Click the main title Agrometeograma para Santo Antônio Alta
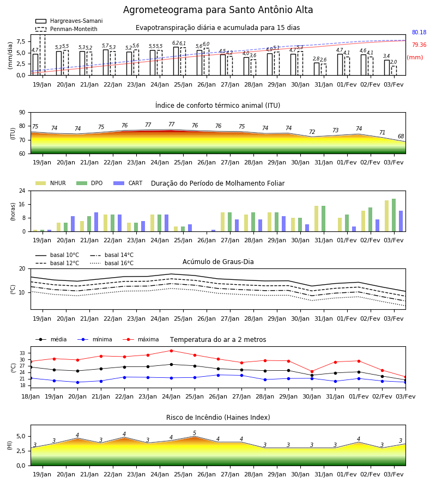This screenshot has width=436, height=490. [218, 10]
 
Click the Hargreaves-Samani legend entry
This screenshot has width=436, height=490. [69, 21]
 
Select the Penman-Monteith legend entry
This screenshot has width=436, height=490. [66, 29]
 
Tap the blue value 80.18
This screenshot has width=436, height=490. [419, 32]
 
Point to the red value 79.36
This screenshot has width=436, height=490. [419, 45]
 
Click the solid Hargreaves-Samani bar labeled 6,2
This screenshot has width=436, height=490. [176, 61]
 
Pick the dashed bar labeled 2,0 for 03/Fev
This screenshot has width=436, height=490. [394, 71]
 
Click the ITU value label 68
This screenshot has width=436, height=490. [401, 136]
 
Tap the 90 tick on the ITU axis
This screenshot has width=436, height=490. [22, 113]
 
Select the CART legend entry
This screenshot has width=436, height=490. [128, 183]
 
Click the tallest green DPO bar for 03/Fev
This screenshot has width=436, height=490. [394, 215]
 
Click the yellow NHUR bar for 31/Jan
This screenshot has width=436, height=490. [316, 219]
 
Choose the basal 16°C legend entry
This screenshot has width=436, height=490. [112, 263]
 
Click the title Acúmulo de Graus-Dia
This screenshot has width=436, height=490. [218, 262]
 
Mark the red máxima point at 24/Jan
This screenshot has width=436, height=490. [171, 351]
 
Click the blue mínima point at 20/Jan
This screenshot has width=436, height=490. [77, 382]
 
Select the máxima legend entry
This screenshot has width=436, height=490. [141, 339]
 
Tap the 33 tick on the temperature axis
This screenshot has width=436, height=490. [22, 353]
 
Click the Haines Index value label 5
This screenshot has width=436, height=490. [195, 433]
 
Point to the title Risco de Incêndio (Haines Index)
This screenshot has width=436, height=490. [218, 418]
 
